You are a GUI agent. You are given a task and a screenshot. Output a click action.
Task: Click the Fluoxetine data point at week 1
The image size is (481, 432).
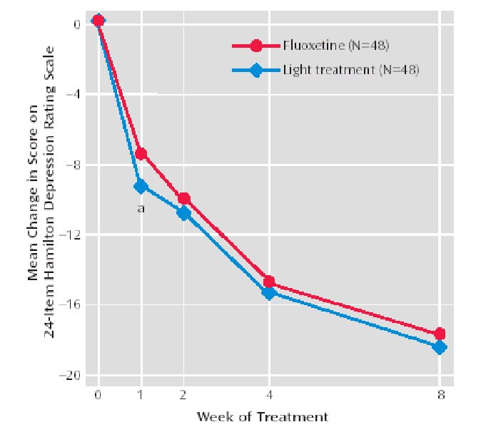click(141, 153)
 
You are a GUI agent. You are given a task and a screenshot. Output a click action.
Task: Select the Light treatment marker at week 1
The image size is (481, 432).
click(141, 186)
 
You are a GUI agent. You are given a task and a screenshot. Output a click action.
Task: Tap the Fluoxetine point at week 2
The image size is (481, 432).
click(183, 198)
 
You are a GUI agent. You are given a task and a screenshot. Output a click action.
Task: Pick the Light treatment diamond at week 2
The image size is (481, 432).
click(183, 212)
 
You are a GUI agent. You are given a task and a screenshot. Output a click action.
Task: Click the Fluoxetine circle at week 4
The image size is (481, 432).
click(269, 282)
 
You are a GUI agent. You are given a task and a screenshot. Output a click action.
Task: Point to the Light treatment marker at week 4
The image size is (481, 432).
click(269, 292)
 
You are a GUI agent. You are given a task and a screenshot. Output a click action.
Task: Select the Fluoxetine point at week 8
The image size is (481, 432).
click(440, 334)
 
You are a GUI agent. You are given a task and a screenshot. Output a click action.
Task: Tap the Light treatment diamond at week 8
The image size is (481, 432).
click(440, 347)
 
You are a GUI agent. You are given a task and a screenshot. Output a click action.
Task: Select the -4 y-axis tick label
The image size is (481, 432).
click(79, 94)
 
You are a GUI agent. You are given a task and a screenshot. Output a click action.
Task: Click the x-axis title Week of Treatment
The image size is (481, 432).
click(262, 416)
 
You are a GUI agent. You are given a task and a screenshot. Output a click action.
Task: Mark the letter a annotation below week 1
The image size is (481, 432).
click(141, 208)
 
